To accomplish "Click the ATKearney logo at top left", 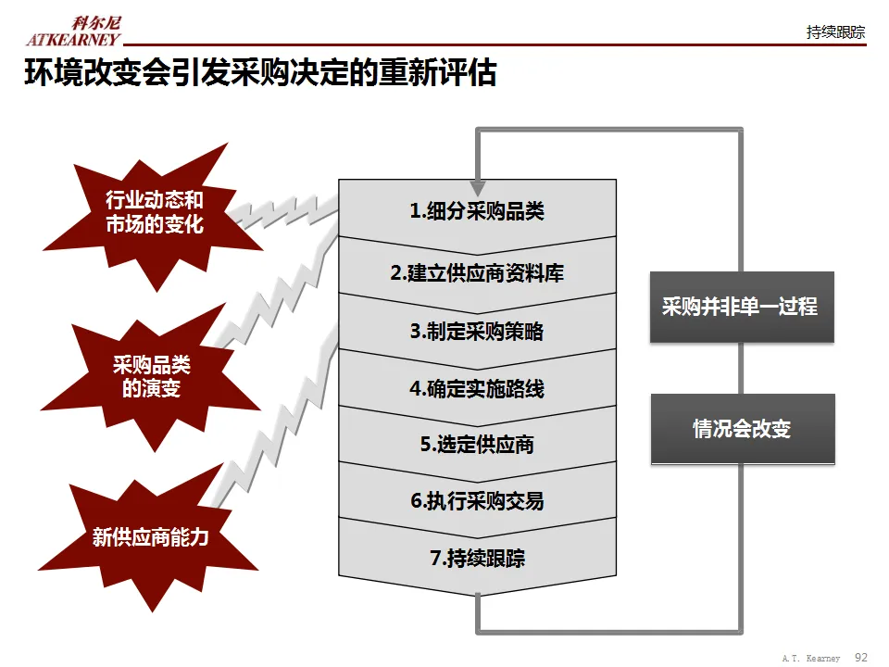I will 73,31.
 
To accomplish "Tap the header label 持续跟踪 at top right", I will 835,32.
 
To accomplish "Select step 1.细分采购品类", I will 477,211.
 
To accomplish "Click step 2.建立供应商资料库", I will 477,273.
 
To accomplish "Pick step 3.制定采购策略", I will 477,331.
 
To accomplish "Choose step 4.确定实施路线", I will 477,388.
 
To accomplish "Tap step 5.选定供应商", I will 477,445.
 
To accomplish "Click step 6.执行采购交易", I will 477,501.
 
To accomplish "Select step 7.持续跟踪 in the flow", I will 477,559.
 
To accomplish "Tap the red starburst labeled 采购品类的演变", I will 151,377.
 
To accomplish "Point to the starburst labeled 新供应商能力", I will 151,536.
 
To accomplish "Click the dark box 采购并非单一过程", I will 741,307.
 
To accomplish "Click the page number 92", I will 861,657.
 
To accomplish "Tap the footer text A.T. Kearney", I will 810,658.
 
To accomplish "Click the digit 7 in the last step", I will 435,559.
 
